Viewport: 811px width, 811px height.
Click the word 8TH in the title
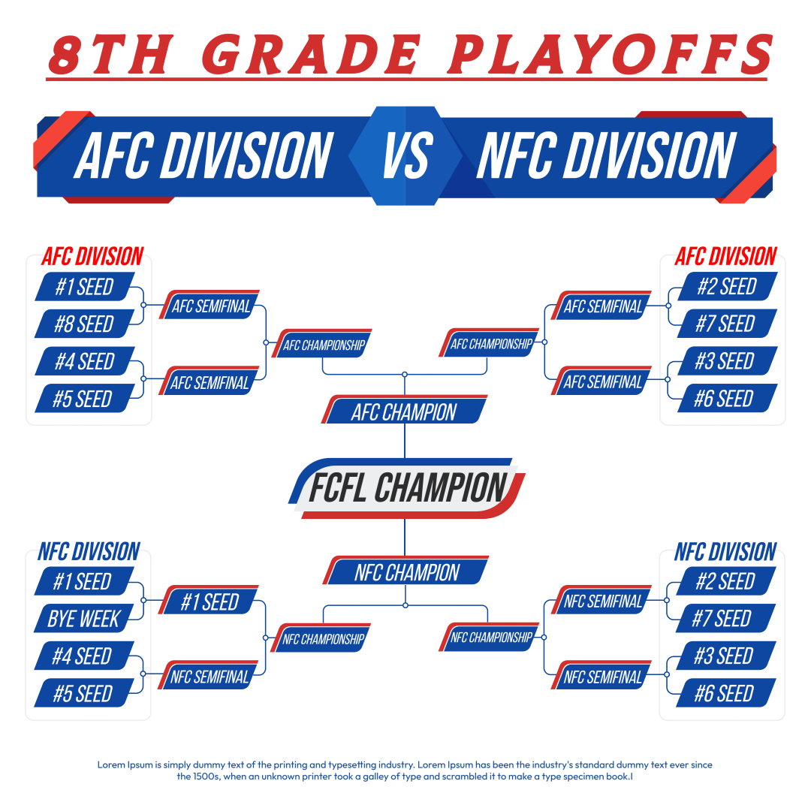tap(110, 54)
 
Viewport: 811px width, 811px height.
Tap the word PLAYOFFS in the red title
tap(611, 54)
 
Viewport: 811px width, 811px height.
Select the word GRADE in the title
tap(311, 54)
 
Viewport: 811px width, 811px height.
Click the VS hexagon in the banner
tap(405, 155)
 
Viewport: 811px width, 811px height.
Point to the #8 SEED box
tap(85, 324)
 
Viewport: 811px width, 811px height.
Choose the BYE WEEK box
tap(84, 618)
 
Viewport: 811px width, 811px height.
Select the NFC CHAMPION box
tap(406, 571)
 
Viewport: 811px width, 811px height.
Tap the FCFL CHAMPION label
tap(407, 488)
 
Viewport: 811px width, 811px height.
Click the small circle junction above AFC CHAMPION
tap(405, 374)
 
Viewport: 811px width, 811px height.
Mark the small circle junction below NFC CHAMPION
tap(405, 605)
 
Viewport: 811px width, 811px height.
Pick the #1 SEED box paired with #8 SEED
tap(85, 287)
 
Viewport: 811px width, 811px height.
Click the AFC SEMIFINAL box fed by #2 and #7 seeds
tap(601, 305)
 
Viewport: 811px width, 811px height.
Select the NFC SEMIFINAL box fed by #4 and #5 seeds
tap(209, 675)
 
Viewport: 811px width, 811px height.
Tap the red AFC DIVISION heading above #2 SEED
tap(725, 257)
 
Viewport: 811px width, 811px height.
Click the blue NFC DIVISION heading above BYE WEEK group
tap(89, 552)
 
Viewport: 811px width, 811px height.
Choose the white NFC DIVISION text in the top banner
tap(606, 155)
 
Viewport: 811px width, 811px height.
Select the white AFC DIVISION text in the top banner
tap(204, 155)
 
